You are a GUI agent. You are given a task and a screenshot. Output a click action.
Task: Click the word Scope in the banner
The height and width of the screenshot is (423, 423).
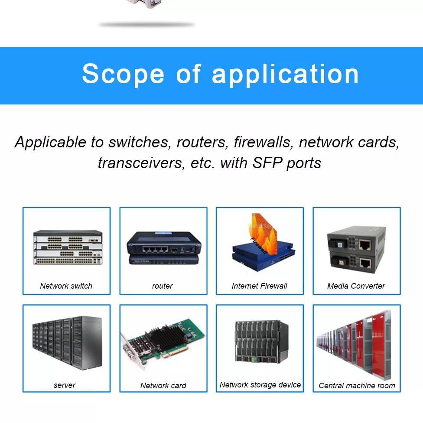pyautogui.click(x=123, y=74)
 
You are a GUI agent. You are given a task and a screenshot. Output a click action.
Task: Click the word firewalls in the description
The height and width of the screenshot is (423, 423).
pyautogui.click(x=263, y=142)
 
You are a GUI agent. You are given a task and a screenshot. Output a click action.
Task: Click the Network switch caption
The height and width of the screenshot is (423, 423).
pyautogui.click(x=66, y=286)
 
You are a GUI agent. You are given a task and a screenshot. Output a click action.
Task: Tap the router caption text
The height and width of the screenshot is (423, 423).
pyautogui.click(x=163, y=286)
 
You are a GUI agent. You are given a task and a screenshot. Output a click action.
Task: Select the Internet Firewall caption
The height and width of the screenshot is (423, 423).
pyautogui.click(x=260, y=286)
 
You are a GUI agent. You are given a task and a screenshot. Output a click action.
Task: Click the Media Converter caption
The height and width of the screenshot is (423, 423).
pyautogui.click(x=356, y=286)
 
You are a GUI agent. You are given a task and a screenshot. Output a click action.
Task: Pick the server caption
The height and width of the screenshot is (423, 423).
pyautogui.click(x=65, y=385)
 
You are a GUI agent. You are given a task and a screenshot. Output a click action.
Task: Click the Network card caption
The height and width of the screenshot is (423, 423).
pyautogui.click(x=163, y=385)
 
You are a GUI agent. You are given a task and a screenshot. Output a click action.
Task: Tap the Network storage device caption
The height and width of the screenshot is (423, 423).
pyautogui.click(x=260, y=384)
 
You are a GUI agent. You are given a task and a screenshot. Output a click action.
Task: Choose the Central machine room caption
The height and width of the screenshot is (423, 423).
pyautogui.click(x=357, y=385)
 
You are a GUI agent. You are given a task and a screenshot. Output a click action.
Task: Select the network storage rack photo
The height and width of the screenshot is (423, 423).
pyautogui.click(x=261, y=342)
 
